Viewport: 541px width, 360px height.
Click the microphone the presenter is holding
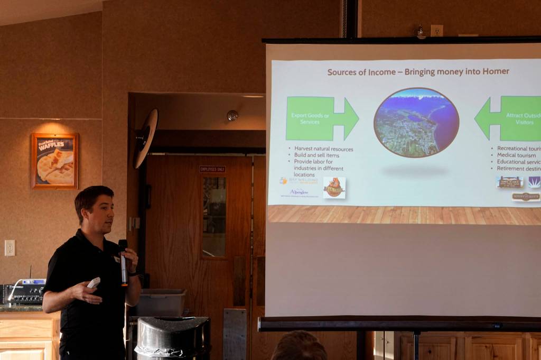pos(123,262)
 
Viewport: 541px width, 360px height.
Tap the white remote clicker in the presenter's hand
pos(94,283)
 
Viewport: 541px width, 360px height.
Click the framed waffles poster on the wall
pos(55,161)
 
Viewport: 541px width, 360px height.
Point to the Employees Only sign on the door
pos(212,169)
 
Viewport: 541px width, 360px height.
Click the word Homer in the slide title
pos(495,71)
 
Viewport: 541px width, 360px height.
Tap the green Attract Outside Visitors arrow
pos(510,118)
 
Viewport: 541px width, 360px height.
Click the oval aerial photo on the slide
pos(416,123)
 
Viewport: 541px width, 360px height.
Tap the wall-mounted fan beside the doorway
pos(145,138)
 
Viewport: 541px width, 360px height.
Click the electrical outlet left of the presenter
pos(10,248)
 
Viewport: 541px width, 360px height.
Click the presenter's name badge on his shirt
pos(116,259)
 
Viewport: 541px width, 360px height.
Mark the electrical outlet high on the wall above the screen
pos(436,31)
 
